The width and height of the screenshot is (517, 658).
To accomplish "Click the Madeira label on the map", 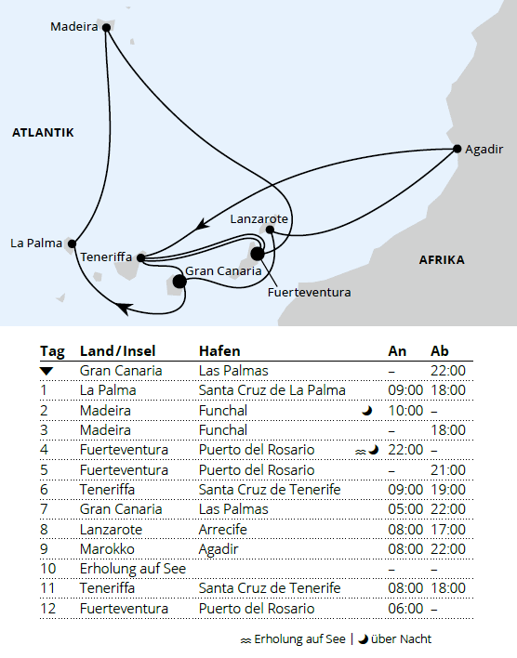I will pyautogui.click(x=73, y=27).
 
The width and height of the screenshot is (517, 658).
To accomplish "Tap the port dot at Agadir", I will pyautogui.click(x=457, y=149).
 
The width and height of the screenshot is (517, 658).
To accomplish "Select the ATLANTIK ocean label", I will pyautogui.click(x=43, y=133).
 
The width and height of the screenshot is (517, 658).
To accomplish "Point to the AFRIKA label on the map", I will pyautogui.click(x=442, y=259).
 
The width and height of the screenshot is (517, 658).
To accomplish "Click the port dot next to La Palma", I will pyautogui.click(x=72, y=243).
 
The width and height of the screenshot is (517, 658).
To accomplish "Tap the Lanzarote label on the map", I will pyautogui.click(x=259, y=218).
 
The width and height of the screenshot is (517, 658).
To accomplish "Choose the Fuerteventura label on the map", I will pyautogui.click(x=309, y=292).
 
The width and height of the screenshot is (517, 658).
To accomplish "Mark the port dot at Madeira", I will pyautogui.click(x=106, y=28).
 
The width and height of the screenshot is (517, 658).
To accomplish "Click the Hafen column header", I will pyautogui.click(x=219, y=351).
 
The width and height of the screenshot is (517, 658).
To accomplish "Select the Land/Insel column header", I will pyautogui.click(x=118, y=351).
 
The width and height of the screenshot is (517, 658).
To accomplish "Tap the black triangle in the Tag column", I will pyautogui.click(x=46, y=371).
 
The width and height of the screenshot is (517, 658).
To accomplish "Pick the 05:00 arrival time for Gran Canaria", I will pyautogui.click(x=404, y=509).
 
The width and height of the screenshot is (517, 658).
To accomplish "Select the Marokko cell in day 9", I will pyautogui.click(x=106, y=548).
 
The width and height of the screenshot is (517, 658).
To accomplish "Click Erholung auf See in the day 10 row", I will pyautogui.click(x=132, y=568).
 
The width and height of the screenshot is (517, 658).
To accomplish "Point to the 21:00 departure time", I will pyautogui.click(x=448, y=470).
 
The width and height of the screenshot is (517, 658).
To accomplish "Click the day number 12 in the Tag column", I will pyautogui.click(x=48, y=608).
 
